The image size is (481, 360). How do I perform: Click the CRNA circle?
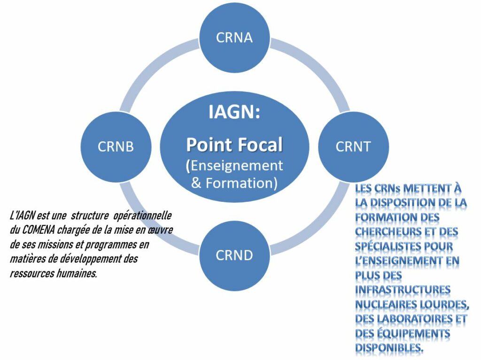point(234,38)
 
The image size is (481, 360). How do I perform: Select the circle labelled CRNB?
point(116,146)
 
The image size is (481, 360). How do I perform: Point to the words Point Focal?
point(234,145)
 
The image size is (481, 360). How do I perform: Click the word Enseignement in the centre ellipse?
point(237,165)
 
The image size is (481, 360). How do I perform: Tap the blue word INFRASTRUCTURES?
point(403,290)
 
